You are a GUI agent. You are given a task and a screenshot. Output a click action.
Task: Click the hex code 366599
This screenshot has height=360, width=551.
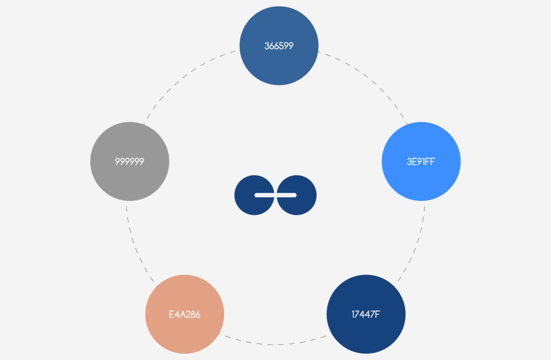coord(279,46)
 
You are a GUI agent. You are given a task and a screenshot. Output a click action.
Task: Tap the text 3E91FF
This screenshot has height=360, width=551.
coord(421,162)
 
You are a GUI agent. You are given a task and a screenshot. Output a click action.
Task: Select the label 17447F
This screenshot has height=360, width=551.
coord(366,314)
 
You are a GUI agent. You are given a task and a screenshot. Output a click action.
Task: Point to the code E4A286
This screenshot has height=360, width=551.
coord(185,314)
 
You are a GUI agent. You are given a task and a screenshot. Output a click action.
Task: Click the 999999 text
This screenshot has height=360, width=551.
coord(129,162)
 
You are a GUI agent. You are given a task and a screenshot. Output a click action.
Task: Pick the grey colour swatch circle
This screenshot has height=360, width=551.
coord(129,162)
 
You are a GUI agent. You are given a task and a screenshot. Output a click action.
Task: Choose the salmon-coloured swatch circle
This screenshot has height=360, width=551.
coord(185,314)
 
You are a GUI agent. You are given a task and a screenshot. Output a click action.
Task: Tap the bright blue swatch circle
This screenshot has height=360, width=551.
coord(421,162)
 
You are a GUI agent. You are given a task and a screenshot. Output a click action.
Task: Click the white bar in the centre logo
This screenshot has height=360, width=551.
coord(275,195)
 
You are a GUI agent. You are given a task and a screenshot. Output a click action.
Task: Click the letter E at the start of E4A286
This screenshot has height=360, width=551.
coord(171,314)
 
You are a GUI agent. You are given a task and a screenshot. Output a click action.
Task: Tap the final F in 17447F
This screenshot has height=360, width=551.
coord(377,314)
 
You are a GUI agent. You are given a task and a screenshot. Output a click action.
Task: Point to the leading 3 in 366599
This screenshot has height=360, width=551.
coord(267,46)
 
